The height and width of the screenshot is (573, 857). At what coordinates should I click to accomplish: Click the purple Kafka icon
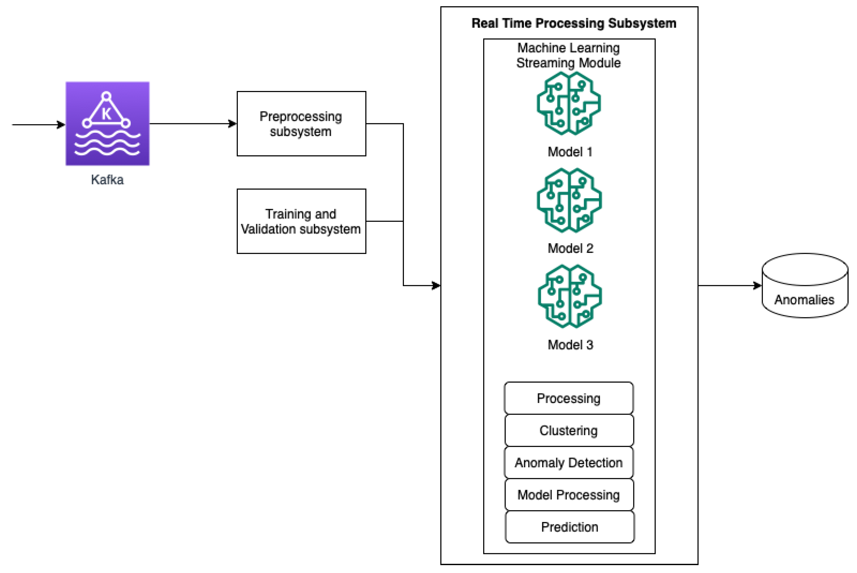point(107,124)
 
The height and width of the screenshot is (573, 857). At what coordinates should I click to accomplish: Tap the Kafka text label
point(107,180)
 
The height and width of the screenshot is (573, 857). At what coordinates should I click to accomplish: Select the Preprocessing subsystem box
point(301,124)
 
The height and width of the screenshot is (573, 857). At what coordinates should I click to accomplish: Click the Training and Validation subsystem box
point(301,221)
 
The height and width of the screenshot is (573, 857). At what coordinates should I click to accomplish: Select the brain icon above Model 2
point(569,200)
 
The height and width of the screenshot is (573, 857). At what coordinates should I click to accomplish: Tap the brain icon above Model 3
point(570,296)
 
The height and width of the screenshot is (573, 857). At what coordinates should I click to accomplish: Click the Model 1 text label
point(570,152)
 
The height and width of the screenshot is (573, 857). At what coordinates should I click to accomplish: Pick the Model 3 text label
point(570,345)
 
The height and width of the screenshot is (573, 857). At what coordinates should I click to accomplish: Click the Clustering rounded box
point(569,430)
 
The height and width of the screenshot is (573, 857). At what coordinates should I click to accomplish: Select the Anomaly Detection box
point(569,463)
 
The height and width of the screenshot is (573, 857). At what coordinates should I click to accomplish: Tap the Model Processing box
point(569,495)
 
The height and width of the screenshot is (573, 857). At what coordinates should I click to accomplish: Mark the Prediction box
point(570,527)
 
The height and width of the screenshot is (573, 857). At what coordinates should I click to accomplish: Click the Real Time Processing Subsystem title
point(574,23)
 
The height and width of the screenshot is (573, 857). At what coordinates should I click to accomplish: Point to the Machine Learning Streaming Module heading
point(568,55)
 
